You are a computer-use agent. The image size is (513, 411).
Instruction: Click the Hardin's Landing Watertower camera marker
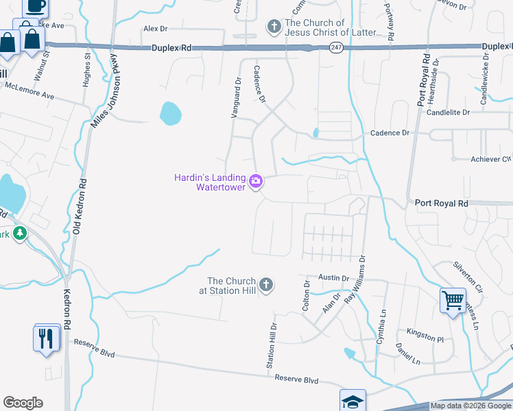coord(256,182)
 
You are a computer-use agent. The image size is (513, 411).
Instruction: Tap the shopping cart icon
coord(453,300)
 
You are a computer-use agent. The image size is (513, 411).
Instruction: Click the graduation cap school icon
coord(353,401)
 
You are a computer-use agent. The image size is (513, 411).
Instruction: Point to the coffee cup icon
coord(36,7)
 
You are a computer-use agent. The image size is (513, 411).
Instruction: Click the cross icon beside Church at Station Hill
coord(265,284)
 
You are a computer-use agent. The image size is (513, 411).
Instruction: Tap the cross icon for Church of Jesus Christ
coord(274,27)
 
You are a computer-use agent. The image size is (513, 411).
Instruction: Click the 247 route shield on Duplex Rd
coord(335,47)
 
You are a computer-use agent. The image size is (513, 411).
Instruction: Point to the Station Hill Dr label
coord(272,347)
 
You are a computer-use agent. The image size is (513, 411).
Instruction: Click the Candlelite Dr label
coord(448,112)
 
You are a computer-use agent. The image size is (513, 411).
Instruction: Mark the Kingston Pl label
coord(425,336)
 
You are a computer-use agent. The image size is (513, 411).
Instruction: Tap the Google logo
coord(23,403)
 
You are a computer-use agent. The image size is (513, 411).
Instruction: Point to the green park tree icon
coord(19,234)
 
